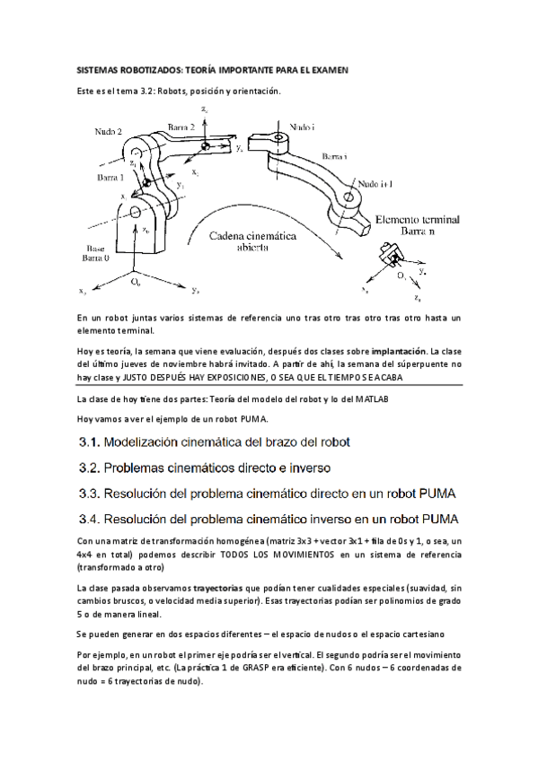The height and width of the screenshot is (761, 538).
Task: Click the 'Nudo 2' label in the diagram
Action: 109,132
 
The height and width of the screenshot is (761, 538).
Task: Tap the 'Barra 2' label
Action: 181,127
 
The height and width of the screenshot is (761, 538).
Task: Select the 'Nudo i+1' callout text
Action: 375,184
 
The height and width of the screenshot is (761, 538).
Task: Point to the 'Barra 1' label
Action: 110,177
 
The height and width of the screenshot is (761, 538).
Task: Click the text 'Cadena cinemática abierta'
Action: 252,241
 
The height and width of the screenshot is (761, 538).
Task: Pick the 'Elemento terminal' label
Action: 418,220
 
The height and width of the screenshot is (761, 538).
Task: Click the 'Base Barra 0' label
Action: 96,253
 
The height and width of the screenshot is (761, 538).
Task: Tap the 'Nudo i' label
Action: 302,127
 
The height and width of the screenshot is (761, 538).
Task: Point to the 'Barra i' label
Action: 334,156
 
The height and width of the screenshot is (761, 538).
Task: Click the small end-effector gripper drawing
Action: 392,253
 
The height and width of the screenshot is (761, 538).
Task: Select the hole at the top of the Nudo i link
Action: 278,138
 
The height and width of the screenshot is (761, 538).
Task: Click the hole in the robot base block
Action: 136,212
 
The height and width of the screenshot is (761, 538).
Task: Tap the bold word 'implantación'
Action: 399,352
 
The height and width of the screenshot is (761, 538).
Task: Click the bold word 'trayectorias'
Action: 218,588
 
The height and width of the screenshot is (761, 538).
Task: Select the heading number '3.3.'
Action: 89,494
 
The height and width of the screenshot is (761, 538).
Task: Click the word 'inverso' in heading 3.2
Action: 310,468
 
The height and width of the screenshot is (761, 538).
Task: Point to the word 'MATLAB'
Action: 372,399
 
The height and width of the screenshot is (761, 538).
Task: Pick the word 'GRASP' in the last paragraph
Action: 255,668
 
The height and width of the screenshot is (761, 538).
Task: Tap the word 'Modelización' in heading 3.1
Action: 141,442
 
